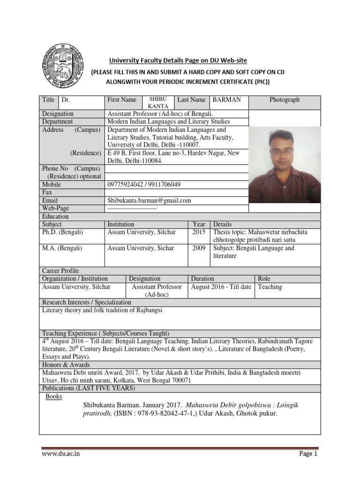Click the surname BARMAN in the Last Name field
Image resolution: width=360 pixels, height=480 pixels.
(227, 100)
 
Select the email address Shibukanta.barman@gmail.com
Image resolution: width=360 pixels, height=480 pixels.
(150, 200)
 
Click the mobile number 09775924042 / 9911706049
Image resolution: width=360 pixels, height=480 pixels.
(144, 184)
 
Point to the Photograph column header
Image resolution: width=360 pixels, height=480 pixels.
(284, 100)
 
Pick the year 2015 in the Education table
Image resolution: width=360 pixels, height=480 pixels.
(199, 232)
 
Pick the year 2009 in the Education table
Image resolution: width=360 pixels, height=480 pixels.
(199, 248)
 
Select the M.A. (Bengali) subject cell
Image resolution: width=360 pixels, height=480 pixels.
(62, 248)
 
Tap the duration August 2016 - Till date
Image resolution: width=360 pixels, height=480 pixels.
(221, 287)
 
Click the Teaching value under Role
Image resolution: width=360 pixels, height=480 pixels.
(270, 287)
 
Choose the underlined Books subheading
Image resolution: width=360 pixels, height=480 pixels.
(53, 397)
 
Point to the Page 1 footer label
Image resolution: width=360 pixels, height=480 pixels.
(308, 454)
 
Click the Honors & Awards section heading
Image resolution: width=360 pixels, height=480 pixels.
(66, 365)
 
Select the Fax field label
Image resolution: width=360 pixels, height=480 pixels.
(47, 192)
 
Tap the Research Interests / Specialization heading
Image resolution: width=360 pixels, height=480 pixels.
(87, 302)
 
